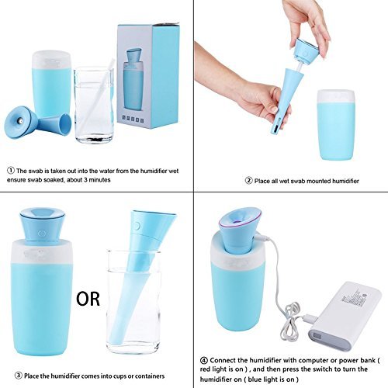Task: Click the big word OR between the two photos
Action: point(88,299)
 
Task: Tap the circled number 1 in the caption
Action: point(11,171)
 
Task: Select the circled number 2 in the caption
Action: point(248,180)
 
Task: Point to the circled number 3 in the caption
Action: point(19,376)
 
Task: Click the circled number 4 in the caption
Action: point(204,360)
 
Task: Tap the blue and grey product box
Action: point(148,75)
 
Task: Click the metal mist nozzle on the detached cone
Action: point(20,120)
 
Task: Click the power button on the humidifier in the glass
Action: point(137,226)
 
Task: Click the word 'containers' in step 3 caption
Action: point(150,376)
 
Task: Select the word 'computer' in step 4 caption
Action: point(303,360)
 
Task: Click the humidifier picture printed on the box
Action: point(133,79)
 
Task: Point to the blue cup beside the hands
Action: point(336,125)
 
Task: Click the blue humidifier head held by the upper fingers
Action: point(307,50)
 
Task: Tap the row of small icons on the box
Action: point(133,119)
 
